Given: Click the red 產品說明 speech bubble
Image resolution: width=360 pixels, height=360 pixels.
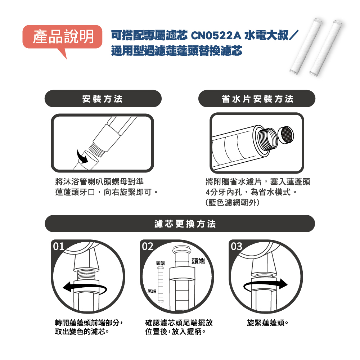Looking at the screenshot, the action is (62, 37).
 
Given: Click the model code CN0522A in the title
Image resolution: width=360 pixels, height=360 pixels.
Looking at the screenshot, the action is (216, 36).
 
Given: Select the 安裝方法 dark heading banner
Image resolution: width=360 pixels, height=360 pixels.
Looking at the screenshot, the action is (103, 99).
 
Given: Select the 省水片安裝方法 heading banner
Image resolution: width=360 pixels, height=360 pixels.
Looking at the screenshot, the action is (257, 99).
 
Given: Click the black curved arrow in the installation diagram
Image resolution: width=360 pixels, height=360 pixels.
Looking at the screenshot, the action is (82, 157).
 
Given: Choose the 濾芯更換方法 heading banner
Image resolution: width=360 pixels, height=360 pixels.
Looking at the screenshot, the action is (180, 224).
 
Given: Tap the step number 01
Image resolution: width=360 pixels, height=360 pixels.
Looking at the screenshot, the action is (59, 247).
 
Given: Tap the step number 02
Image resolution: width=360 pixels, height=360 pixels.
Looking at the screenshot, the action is (148, 247).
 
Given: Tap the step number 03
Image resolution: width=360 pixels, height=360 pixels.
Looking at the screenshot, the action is (237, 247).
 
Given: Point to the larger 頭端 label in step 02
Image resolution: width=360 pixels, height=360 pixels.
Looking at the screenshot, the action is (198, 261).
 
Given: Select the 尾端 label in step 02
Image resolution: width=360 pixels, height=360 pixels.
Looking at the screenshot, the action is (152, 291).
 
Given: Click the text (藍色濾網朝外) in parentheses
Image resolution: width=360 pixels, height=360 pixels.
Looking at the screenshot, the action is (232, 202).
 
